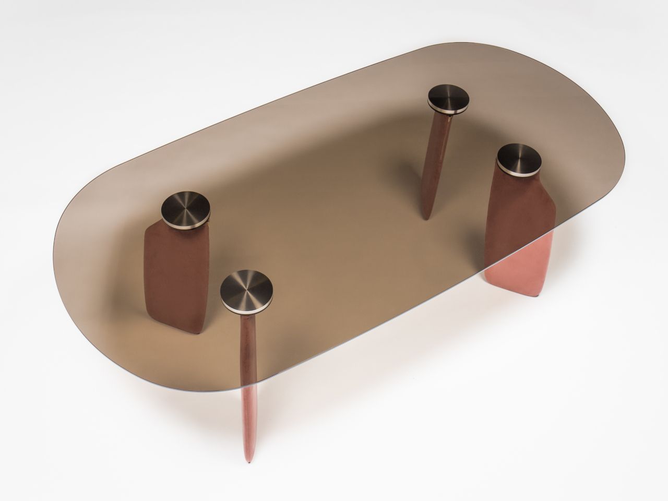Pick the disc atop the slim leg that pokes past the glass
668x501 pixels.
(x=243, y=290)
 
